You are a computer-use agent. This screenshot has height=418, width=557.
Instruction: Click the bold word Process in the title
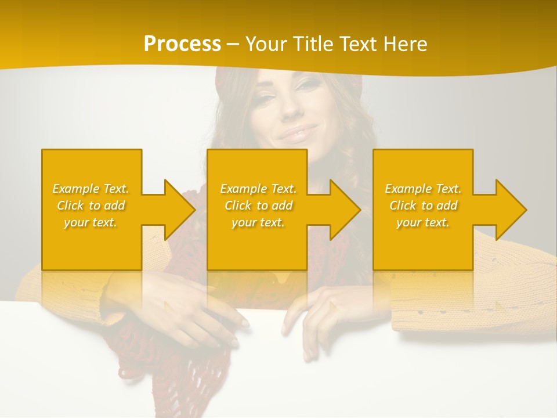click(182, 44)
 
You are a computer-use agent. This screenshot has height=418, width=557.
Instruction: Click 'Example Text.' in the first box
click(91, 189)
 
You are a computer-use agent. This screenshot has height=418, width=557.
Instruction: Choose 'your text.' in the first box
click(91, 222)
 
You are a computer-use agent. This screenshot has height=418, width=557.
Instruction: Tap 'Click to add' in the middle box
click(258, 206)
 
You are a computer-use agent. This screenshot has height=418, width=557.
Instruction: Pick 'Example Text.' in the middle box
click(258, 189)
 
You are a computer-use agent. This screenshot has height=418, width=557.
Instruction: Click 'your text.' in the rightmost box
click(423, 222)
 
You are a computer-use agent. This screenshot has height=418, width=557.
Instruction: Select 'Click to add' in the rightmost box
click(423, 206)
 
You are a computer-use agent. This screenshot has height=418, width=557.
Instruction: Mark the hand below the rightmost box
click(325, 313)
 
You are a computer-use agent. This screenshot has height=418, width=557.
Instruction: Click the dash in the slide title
click(233, 44)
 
